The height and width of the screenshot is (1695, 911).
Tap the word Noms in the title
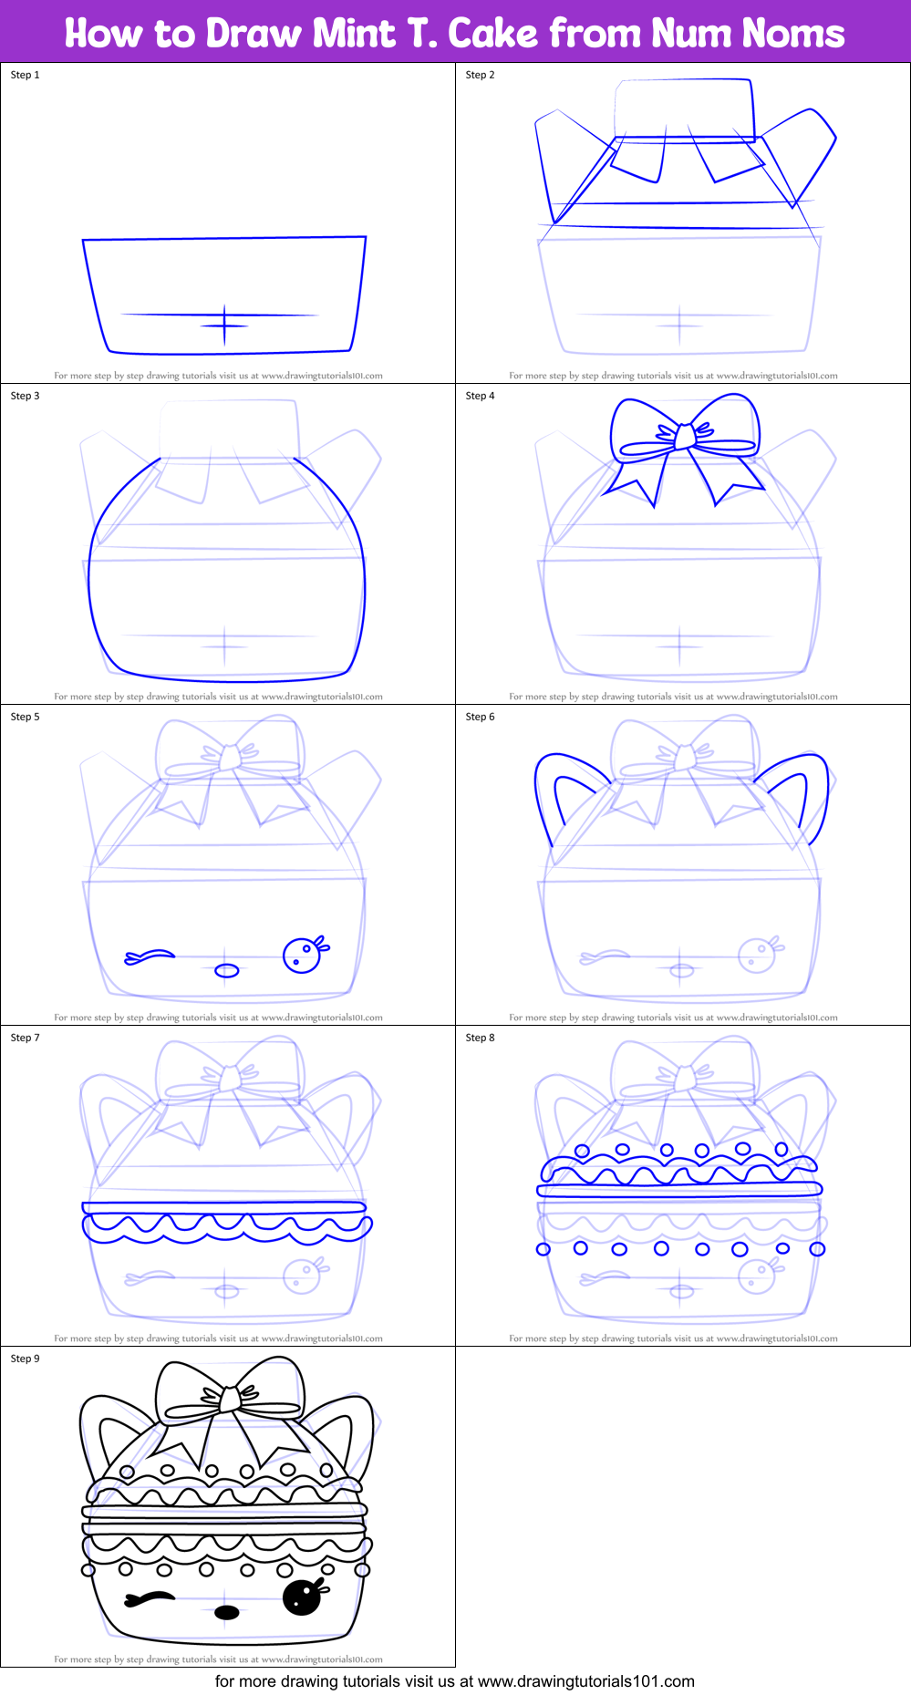click(792, 34)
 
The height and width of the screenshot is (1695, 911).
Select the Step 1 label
click(25, 75)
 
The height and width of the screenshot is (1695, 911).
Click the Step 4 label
click(480, 396)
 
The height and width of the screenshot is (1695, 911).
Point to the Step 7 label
click(25, 1038)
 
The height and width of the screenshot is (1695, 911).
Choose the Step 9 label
click(25, 1359)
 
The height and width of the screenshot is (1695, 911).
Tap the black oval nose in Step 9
click(226, 1613)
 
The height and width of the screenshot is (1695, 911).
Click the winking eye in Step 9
click(150, 1597)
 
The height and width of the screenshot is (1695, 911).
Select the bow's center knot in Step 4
click(684, 437)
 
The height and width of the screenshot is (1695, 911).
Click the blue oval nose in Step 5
click(226, 970)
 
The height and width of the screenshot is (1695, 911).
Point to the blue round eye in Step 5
click(302, 955)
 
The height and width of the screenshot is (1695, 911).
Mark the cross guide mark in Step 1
click(224, 325)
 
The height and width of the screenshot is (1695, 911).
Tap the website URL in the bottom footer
click(585, 1681)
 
